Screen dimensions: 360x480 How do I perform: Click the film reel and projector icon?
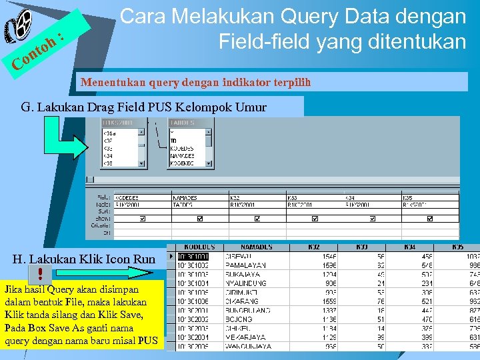click(x=20, y=28)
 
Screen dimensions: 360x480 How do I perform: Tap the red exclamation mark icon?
click(x=39, y=273)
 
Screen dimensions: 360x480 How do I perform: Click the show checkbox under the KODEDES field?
click(x=141, y=218)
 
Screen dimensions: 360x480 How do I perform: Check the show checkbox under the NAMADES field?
click(x=199, y=218)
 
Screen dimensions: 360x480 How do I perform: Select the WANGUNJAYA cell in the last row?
click(x=247, y=347)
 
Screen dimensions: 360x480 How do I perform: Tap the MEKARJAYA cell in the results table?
click(x=245, y=337)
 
